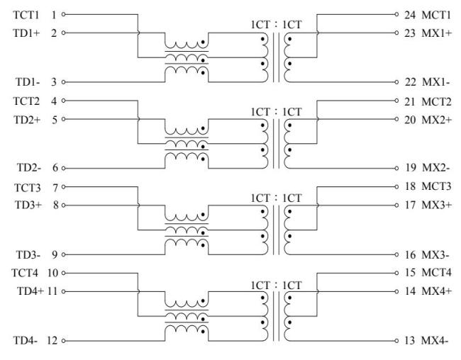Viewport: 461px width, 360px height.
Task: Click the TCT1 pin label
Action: [26, 15]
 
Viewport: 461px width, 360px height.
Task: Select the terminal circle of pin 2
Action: [63, 33]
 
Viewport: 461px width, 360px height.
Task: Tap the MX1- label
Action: [436, 82]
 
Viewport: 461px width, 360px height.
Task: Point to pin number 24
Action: [410, 15]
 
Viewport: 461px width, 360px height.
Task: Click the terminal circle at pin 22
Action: [396, 82]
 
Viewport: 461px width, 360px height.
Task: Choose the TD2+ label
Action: [27, 120]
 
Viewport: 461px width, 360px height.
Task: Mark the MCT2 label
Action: [436, 101]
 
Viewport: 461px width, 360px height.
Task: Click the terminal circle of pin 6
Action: [63, 169]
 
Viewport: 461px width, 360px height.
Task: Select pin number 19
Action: [411, 167]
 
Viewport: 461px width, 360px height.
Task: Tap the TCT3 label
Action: [28, 188]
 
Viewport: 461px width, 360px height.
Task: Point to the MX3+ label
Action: [437, 205]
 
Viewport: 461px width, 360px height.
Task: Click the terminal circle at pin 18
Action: [396, 186]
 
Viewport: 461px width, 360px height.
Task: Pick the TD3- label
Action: [28, 255]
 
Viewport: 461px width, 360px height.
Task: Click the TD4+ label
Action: [30, 291]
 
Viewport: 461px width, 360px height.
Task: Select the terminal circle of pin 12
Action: [63, 341]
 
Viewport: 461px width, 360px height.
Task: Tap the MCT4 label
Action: [437, 272]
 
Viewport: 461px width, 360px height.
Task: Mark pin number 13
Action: [410, 340]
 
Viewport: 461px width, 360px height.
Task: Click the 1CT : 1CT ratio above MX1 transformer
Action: [277, 25]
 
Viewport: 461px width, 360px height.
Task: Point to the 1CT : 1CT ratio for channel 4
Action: [277, 286]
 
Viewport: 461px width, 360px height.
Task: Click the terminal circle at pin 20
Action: [396, 119]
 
